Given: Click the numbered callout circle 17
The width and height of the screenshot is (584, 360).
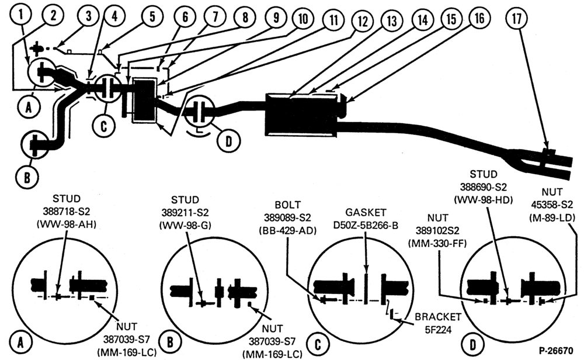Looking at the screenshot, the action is click(517, 19).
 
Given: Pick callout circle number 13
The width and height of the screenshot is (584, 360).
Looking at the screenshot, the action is click(391, 20).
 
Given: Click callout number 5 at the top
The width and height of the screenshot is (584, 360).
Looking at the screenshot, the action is click(152, 16).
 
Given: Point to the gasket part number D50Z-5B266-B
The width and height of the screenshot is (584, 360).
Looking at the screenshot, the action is click(366, 226).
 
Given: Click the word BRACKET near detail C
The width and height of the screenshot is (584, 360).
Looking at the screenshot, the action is click(438, 317).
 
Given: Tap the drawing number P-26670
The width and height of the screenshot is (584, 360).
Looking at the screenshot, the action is click(556, 351).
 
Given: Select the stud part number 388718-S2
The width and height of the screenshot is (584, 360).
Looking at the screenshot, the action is click(67, 212).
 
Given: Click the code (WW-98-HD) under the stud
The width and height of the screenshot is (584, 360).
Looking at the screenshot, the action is click(483, 199).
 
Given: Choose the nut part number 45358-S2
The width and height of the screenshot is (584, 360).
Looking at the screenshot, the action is click(552, 205).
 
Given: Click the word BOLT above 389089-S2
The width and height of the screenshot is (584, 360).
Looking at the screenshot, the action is click(287, 205).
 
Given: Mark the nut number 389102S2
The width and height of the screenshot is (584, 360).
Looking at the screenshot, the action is click(437, 230).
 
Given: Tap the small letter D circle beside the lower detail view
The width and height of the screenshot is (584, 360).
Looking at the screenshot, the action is click(472, 344).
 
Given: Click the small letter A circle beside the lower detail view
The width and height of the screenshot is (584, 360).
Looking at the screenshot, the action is click(20, 342).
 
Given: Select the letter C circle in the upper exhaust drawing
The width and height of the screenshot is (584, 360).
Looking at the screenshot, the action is click(103, 126).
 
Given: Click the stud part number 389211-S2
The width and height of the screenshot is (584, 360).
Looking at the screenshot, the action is click(185, 212).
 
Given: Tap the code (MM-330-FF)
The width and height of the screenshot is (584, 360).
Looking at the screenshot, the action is click(437, 243).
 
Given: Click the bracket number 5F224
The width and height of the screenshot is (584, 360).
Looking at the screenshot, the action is click(437, 330).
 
